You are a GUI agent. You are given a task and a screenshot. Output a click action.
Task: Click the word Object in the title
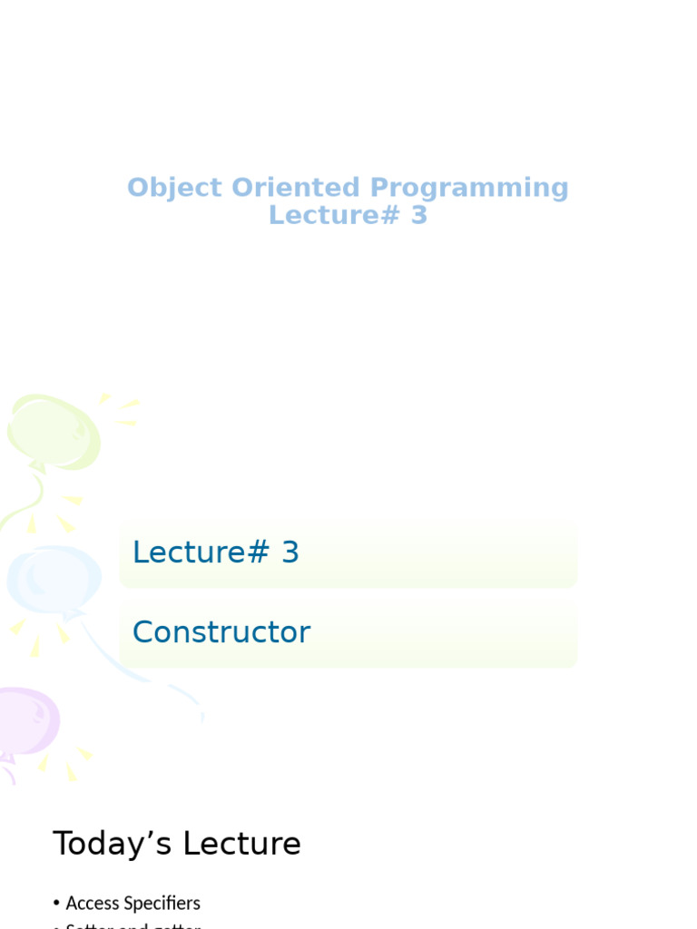(x=174, y=188)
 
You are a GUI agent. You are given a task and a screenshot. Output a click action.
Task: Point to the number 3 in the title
(x=418, y=215)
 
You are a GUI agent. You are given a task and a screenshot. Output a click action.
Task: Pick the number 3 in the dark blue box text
(x=290, y=553)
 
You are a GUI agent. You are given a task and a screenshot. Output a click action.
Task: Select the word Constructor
(x=221, y=632)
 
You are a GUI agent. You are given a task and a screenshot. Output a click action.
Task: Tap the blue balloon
(x=54, y=579)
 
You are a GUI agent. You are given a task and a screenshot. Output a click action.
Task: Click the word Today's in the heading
(x=113, y=844)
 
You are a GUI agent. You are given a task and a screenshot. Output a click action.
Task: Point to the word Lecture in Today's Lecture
(x=241, y=844)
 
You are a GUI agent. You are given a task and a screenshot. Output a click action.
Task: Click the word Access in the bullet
(x=93, y=903)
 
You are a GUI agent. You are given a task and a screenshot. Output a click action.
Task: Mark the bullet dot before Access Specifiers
(x=56, y=904)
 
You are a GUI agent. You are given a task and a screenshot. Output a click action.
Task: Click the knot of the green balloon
(x=37, y=468)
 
